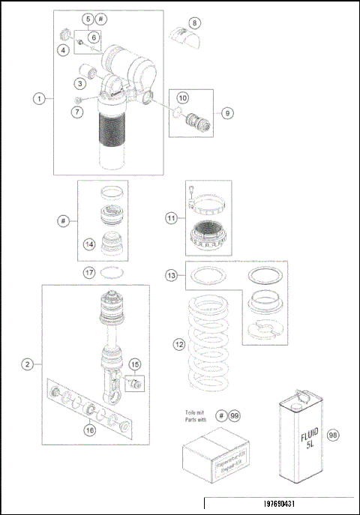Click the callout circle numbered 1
click(38, 98)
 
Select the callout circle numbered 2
click(27, 364)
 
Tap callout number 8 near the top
click(195, 22)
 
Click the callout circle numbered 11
click(172, 218)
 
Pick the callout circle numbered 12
click(178, 345)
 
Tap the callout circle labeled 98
click(334, 434)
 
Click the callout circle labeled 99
click(235, 415)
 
